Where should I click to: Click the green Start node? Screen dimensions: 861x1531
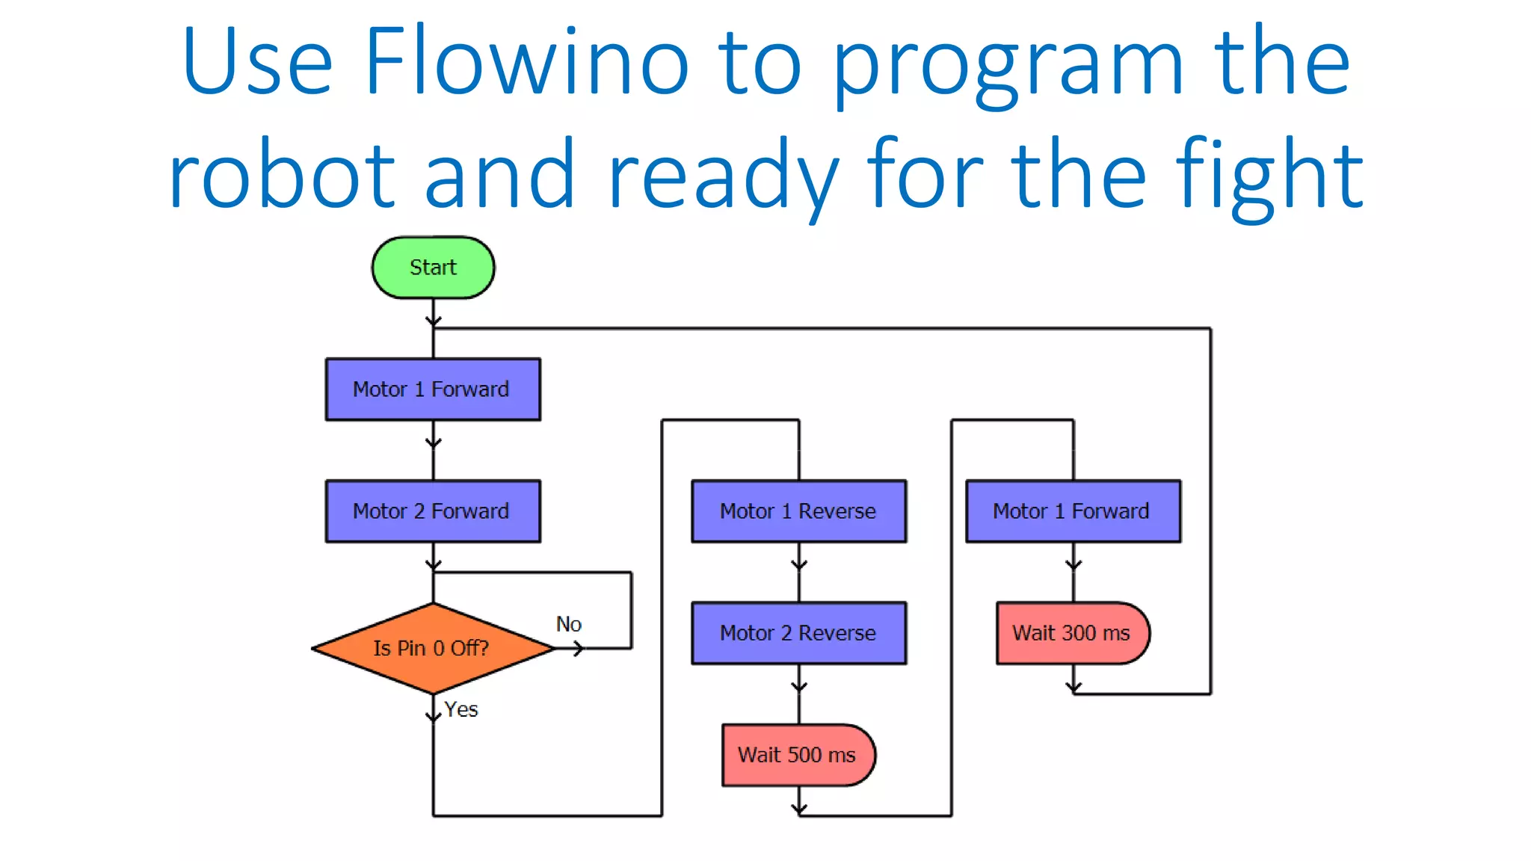coord(433,268)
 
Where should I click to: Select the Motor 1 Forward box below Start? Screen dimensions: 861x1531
coord(433,389)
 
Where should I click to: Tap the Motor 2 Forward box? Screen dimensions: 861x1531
coord(433,511)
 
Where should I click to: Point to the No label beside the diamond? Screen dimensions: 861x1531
coord(568,624)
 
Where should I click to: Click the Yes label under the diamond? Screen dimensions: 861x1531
coord(460,709)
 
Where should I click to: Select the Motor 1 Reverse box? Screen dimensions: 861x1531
coord(798,511)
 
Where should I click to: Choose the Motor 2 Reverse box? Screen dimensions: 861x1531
coord(798,633)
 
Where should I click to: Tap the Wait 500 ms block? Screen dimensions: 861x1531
coord(798,755)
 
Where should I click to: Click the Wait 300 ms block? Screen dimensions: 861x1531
coord(1072,633)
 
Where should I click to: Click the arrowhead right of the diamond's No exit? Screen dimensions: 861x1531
coord(578,649)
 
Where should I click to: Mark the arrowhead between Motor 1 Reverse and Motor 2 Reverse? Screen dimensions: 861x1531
coord(799,565)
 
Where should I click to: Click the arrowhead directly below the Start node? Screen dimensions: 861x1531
coord(433,321)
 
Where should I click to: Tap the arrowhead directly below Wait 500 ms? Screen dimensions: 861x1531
coord(799,809)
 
